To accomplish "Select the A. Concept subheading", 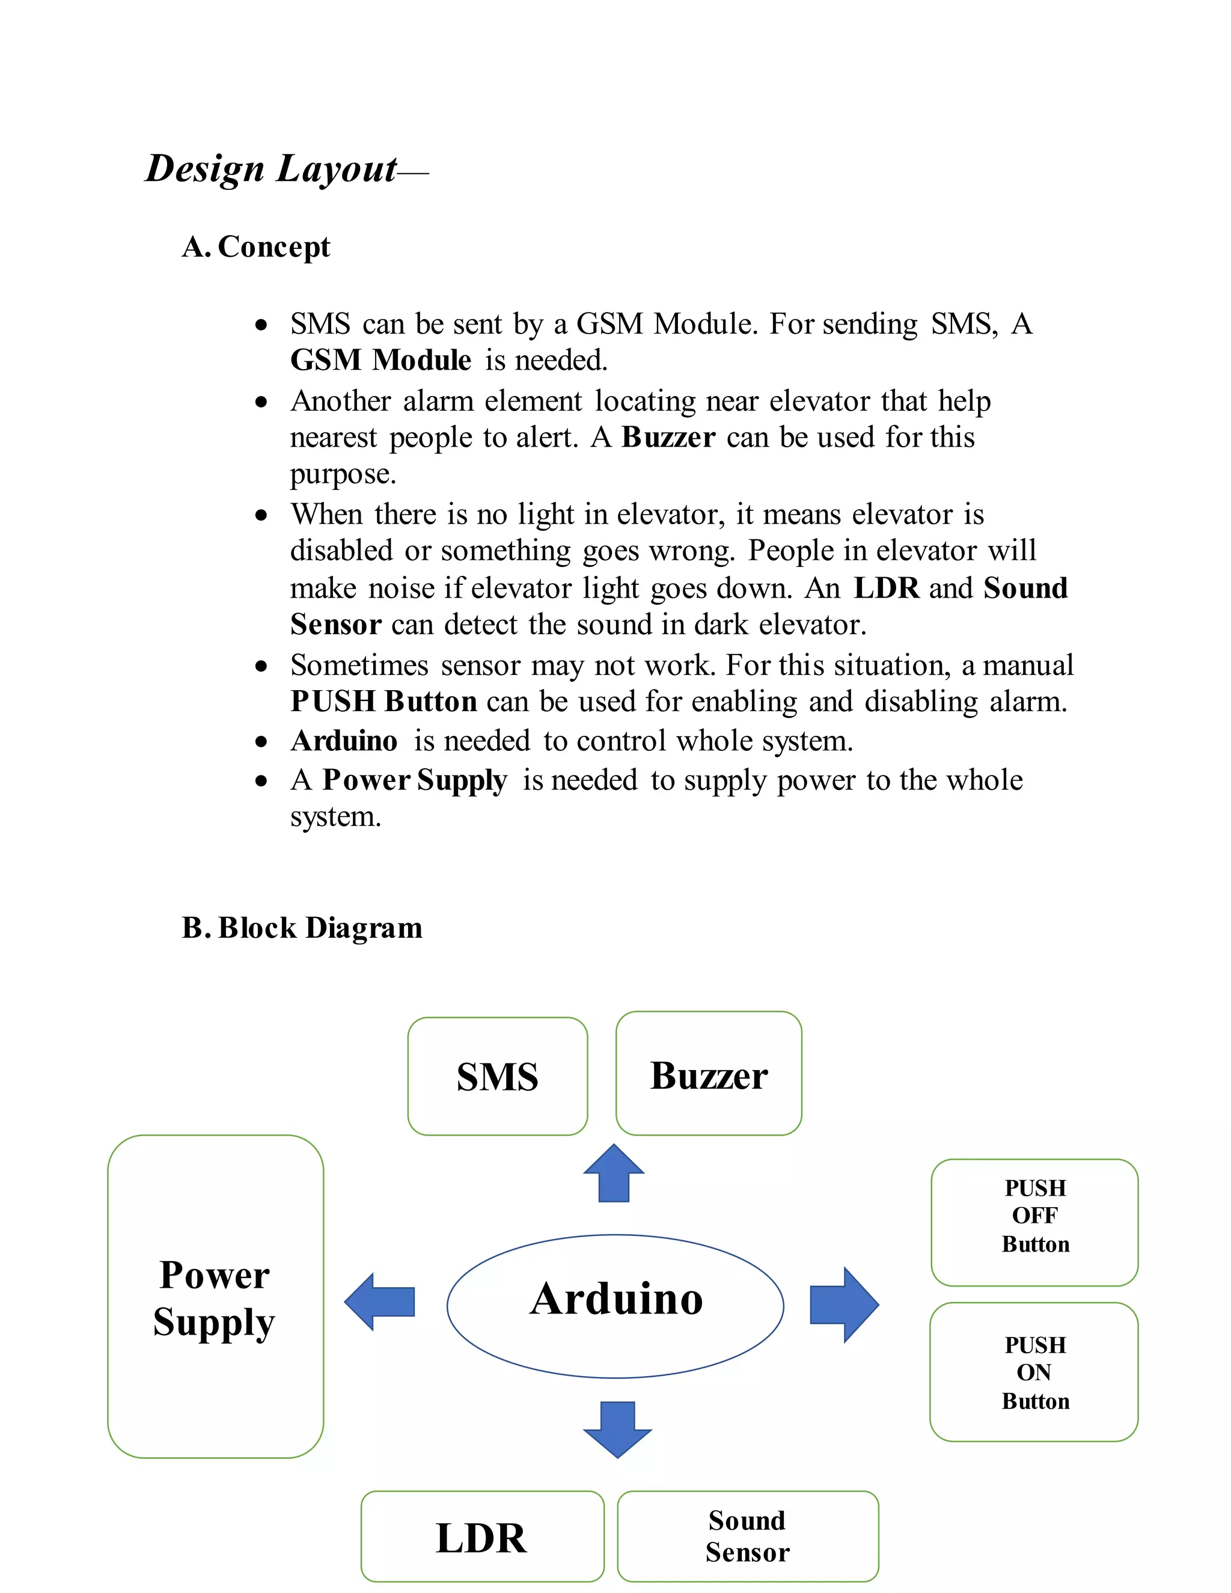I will coord(256,247).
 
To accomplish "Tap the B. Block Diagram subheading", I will coord(302,928).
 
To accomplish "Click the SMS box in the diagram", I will coord(497,1077).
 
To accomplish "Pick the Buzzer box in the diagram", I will coord(708,1074).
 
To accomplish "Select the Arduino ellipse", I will coord(615,1306).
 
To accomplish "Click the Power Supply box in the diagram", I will coord(215,1296).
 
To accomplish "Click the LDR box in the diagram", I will coord(482,1537).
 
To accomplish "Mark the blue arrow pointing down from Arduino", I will coord(617,1428).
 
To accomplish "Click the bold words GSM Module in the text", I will coord(380,360).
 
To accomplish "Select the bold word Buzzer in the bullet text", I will coord(668,438).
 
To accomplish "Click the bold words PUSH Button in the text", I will coord(383,702).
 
